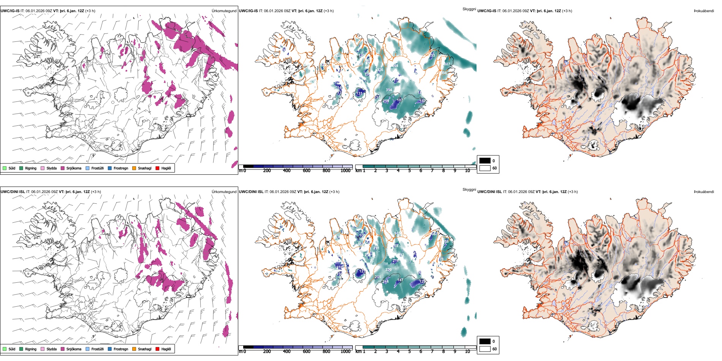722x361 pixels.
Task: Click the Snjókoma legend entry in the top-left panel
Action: tap(74, 168)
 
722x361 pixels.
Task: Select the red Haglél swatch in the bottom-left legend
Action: tap(157, 349)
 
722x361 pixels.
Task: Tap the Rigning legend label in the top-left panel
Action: tap(31, 168)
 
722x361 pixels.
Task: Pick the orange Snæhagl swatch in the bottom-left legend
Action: tap(134, 349)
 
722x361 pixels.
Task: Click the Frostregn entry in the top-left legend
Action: tap(121, 168)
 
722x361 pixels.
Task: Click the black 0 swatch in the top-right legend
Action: tap(485, 161)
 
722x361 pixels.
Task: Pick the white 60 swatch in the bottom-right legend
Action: tap(485, 349)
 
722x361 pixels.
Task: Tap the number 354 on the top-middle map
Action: tap(389, 90)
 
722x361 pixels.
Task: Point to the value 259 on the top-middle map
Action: tap(386, 101)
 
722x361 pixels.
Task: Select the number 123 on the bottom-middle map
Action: tap(362, 271)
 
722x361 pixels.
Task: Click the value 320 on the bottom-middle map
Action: tap(388, 270)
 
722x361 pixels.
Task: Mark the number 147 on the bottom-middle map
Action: tap(400, 280)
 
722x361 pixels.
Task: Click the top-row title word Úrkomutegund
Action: tap(224, 11)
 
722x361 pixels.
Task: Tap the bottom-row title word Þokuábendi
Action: tap(704, 192)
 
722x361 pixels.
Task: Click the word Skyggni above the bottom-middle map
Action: tap(469, 190)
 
